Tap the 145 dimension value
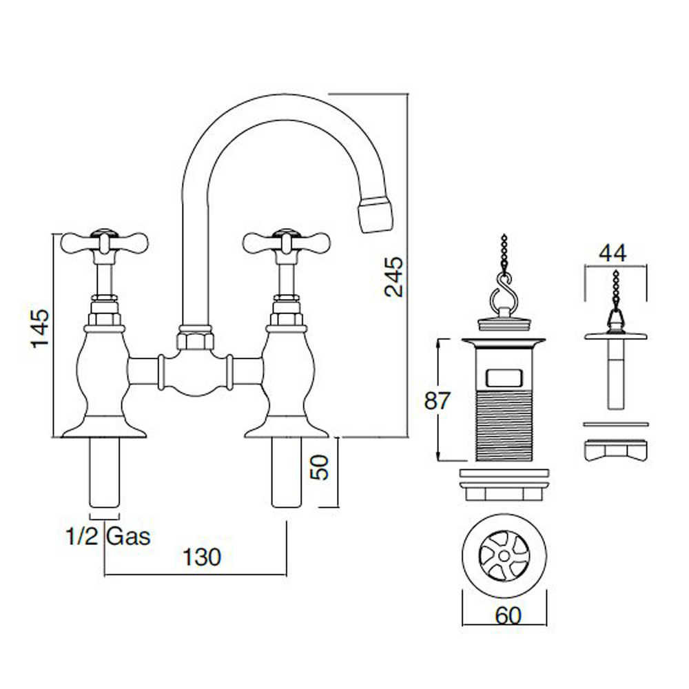(41, 328)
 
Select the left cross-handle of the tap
(105, 242)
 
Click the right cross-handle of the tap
(286, 242)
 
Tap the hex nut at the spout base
(196, 340)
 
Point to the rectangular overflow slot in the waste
(504, 378)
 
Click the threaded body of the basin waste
(504, 427)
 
